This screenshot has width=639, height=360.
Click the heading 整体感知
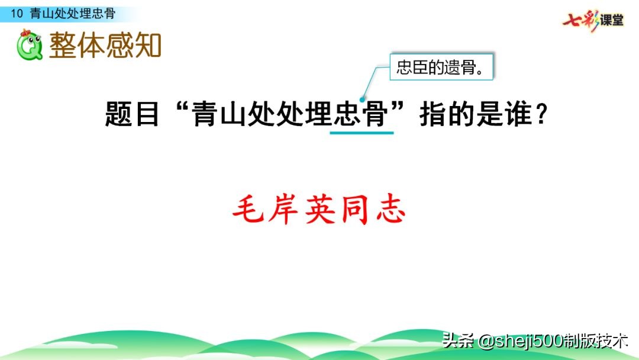point(105,45)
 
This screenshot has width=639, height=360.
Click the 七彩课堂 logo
point(593,20)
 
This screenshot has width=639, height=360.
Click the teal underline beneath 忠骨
point(362,133)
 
